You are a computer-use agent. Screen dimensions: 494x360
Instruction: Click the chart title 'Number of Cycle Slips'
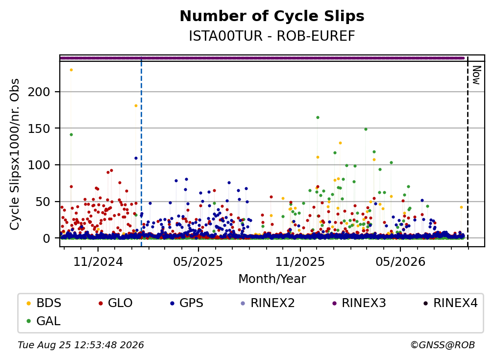[x=272, y=16]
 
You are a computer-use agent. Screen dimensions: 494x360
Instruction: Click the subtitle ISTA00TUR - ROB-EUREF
[x=272, y=36]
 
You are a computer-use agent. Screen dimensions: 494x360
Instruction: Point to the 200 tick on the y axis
[x=39, y=92]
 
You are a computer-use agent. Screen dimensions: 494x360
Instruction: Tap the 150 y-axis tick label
[x=39, y=129]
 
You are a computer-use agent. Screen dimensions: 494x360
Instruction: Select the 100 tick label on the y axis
[x=39, y=165]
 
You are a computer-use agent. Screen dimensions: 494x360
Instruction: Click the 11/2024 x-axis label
[x=98, y=262]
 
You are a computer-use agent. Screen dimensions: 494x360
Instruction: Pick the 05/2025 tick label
[x=198, y=262]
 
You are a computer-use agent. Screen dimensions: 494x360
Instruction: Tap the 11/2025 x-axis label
[x=300, y=262]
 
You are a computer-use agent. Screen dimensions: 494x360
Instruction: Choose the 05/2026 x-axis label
[x=400, y=262]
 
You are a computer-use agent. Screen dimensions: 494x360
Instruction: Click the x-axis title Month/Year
[x=272, y=279]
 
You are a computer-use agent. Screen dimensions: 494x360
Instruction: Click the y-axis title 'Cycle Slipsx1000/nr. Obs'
[x=15, y=154]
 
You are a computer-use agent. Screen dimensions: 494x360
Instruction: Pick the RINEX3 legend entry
[x=359, y=303]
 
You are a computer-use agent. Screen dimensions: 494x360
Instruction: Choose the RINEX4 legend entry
[x=450, y=303]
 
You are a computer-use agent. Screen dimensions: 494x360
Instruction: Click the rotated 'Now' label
[x=476, y=75]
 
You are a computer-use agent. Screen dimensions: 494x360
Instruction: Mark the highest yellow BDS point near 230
[x=71, y=70]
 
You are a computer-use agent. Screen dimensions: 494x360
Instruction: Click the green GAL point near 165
[x=318, y=118]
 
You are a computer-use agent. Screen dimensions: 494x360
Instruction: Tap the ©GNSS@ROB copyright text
[x=443, y=345]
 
